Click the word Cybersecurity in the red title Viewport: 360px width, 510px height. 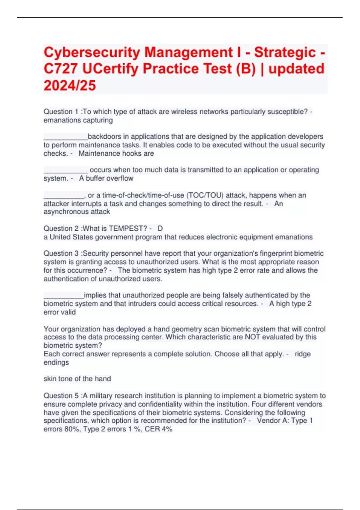point(91,53)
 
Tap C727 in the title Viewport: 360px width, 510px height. point(60,69)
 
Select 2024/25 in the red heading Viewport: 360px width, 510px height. point(70,85)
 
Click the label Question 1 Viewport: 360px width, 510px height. point(61,112)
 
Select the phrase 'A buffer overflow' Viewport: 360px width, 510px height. point(106,178)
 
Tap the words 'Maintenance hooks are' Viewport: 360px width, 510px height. point(116,154)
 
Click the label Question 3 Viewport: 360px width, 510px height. point(61,253)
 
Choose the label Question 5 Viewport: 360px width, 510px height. point(61,396)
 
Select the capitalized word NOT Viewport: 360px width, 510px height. point(252,337)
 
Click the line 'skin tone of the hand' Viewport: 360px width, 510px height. point(77,379)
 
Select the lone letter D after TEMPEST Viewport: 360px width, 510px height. point(160,229)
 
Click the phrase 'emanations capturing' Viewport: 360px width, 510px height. point(78,120)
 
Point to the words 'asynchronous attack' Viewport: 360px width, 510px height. point(77,212)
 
